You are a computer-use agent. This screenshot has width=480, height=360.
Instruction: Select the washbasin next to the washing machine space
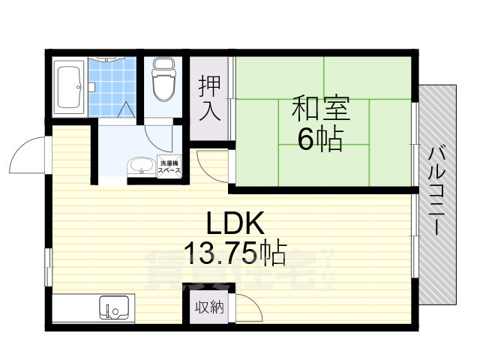[x=140, y=166]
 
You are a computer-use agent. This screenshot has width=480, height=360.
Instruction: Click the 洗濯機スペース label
[x=169, y=167]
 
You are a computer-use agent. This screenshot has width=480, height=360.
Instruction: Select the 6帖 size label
[x=320, y=139]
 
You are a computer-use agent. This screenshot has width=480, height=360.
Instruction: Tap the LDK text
[x=234, y=223]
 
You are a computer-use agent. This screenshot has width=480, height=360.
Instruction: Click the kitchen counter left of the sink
[x=75, y=308]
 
